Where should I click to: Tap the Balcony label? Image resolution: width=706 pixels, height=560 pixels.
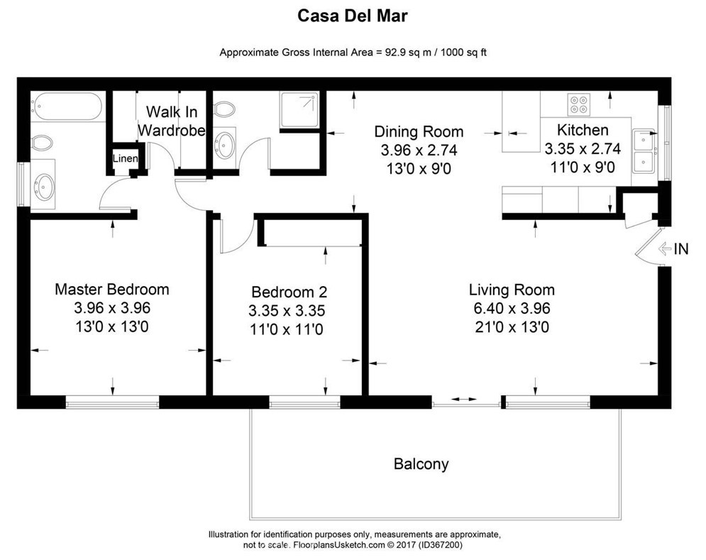coord(421,465)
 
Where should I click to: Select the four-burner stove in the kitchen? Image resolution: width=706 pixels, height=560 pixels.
coord(579,104)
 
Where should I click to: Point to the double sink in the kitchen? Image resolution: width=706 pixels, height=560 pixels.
coord(645,150)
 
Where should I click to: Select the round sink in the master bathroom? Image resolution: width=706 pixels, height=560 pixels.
coord(45,187)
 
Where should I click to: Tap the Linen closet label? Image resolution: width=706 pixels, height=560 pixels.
coord(126,159)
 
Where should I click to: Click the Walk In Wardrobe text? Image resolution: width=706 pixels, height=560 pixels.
coord(172,121)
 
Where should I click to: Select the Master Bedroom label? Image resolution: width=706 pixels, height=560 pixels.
coord(112,290)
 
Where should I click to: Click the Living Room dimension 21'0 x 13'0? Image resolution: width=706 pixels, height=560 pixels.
coord(511,327)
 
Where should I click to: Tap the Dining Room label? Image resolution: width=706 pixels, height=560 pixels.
coord(419,132)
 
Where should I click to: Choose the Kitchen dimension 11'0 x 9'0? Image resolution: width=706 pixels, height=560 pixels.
coord(582,168)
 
